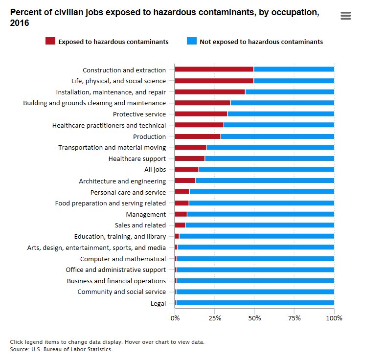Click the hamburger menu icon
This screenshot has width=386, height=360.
[x=345, y=16]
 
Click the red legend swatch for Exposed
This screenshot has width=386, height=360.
[x=50, y=42]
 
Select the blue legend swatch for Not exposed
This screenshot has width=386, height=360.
[x=191, y=42]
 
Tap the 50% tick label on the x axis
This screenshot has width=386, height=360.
[x=254, y=318]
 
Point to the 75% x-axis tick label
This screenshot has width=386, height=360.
[x=294, y=318]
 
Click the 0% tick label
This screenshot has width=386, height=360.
[x=175, y=318]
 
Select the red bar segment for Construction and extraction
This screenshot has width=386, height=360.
[x=214, y=70]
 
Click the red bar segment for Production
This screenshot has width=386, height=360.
[x=198, y=136]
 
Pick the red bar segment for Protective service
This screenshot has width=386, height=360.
[x=201, y=114]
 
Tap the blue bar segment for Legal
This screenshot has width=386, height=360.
[x=254, y=303]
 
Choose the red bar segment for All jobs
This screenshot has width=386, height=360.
[x=186, y=170]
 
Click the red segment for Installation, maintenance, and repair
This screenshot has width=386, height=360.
[x=210, y=92]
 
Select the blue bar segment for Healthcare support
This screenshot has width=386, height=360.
[x=269, y=158]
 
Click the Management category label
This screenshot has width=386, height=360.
[x=146, y=214]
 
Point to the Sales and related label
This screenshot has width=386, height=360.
[x=140, y=225]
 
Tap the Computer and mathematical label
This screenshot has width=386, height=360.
[x=123, y=259]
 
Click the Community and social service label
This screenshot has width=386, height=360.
[x=121, y=292]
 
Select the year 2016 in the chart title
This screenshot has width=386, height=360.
[x=19, y=23]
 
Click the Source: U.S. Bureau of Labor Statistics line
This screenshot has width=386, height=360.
[x=61, y=349]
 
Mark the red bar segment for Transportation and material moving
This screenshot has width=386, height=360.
[x=190, y=147]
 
